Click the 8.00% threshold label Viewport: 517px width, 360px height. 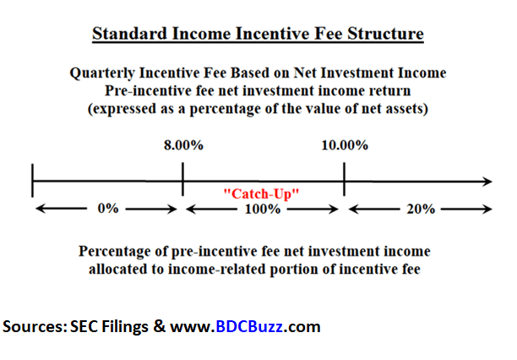pos(183,145)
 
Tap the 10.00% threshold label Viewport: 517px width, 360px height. pos(345,145)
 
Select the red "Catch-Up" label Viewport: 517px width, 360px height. pos(261,194)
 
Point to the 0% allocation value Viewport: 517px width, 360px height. pos(108,209)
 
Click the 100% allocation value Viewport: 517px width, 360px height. pos(263,209)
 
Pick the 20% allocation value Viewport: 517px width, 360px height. pos(421,209)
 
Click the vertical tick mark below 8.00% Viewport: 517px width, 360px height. pos(182,179)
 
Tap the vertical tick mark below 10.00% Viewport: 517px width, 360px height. pos(344,179)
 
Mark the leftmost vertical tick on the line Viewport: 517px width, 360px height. pos(32,181)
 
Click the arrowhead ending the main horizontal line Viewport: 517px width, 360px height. pos(488,181)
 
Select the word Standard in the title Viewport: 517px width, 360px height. pos(129,34)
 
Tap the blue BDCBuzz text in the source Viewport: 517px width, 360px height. pos(249,326)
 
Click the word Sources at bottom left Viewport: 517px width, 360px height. pos(35,326)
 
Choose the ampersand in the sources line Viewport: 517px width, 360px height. pos(160,326)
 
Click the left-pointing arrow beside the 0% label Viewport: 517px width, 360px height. pos(61,209)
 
